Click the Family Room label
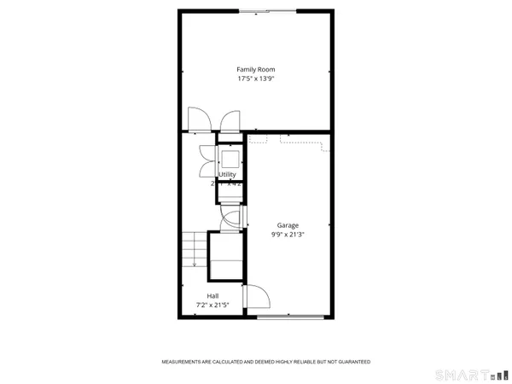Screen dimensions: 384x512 pos(256,69)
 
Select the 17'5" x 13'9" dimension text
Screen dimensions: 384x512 pos(256,79)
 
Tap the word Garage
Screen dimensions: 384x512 pos(287,225)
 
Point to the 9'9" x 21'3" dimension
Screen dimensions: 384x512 pos(287,235)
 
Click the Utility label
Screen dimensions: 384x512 pos(228,175)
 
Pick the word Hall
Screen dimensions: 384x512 pos(212,296)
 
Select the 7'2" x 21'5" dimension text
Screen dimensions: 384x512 pos(212,305)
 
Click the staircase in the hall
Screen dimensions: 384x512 pos(195,249)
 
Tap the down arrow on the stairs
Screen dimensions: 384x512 pos(195,263)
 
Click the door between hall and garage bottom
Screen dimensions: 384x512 pos(255,297)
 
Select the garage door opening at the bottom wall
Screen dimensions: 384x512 pos(291,317)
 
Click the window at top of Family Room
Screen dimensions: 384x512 pos(267,10)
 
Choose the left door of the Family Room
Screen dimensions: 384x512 pos(195,121)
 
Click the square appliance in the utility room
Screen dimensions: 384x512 pos(230,160)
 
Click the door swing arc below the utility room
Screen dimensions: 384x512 pos(230,219)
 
